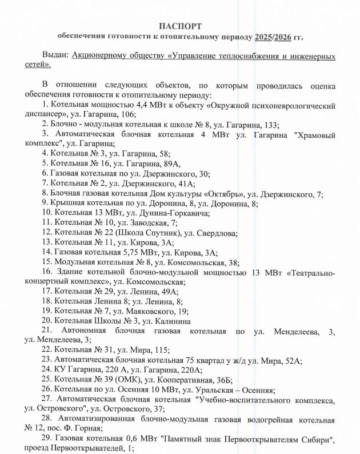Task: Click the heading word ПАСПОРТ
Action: pos(180,26)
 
